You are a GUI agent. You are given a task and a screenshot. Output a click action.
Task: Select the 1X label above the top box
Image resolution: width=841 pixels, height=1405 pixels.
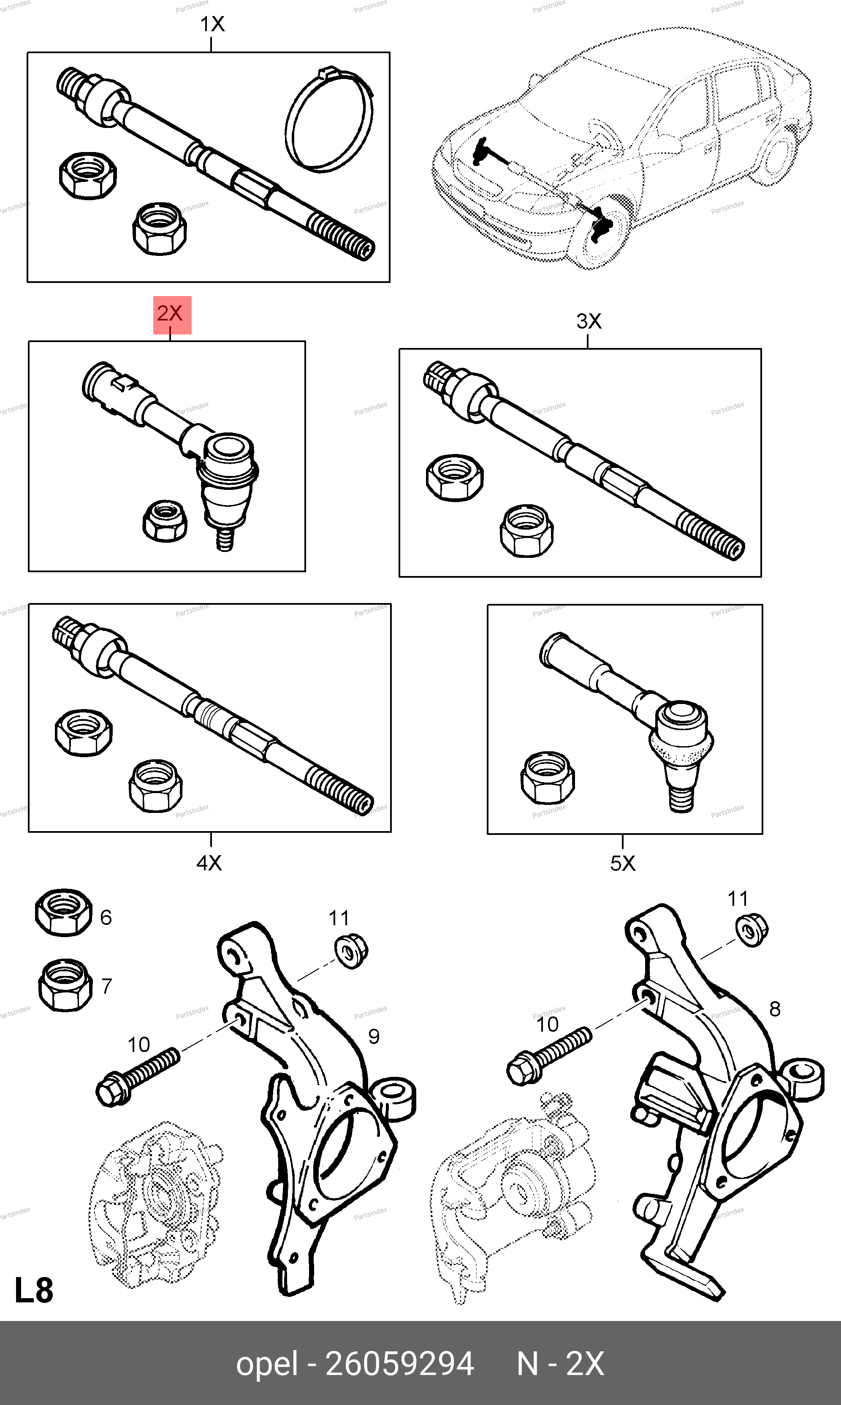(212, 24)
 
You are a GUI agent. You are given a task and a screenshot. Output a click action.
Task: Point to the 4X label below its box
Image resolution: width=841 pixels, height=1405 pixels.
(209, 863)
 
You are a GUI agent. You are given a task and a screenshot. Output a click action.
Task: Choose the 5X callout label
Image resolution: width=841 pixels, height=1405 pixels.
(622, 864)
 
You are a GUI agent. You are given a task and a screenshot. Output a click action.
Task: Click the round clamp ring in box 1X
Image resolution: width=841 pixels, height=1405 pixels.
(329, 120)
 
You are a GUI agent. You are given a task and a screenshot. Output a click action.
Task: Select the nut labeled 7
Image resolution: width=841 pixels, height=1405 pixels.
(65, 984)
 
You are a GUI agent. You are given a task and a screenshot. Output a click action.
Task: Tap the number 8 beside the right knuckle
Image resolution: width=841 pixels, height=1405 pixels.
(775, 1009)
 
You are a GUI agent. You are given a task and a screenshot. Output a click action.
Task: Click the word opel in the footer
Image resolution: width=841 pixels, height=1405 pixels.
(266, 1364)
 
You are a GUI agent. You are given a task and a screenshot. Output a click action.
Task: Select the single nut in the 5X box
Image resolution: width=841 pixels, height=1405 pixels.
(547, 777)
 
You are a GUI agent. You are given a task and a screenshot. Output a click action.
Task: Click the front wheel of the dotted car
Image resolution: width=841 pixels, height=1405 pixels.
(601, 232)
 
